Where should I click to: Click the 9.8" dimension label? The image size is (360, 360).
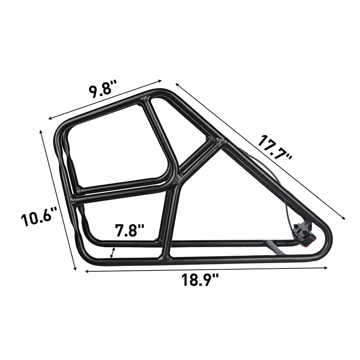click(x=103, y=89)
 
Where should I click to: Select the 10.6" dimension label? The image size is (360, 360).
click(x=36, y=219)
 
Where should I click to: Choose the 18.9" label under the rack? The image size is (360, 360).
click(x=201, y=280)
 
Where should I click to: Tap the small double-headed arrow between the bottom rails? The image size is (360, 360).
click(x=113, y=253)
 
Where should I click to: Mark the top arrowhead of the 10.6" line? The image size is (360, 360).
click(x=41, y=131)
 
